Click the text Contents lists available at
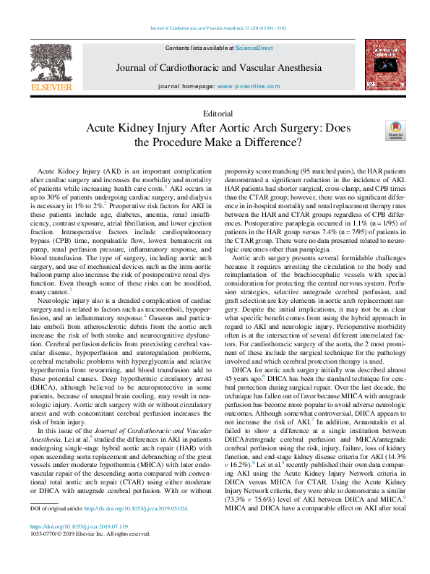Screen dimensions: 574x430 click(x=199, y=47)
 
